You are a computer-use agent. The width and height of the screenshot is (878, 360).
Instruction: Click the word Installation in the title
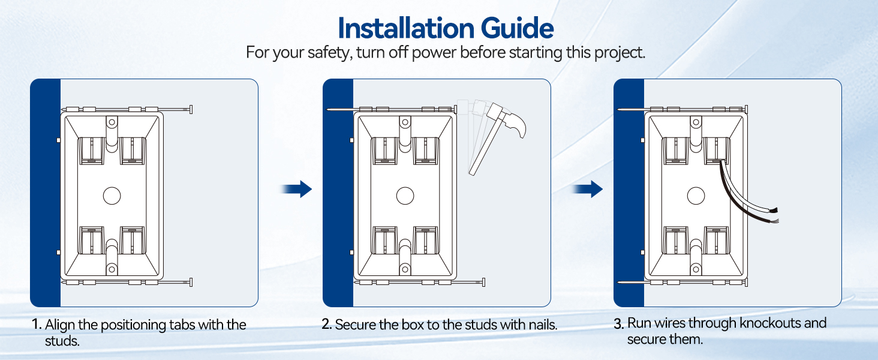pyautogui.click(x=406, y=28)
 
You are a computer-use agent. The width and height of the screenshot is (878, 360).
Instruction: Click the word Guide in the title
pyautogui.click(x=518, y=28)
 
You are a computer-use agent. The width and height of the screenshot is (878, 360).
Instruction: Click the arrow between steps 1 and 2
pyautogui.click(x=296, y=189)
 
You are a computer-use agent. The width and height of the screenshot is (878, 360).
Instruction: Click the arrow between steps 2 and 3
pyautogui.click(x=587, y=189)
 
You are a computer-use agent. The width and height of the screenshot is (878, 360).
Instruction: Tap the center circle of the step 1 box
pyautogui.click(x=112, y=196)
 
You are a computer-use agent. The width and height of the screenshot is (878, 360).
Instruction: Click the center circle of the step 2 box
pyautogui.click(x=405, y=196)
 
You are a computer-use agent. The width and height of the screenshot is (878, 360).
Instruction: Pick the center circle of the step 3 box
pyautogui.click(x=696, y=196)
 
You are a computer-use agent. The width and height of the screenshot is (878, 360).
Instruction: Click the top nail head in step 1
pyautogui.click(x=191, y=109)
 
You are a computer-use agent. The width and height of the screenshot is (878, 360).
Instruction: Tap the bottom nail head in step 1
pyautogui.click(x=191, y=282)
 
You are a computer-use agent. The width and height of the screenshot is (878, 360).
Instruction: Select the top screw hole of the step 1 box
pyautogui.click(x=112, y=122)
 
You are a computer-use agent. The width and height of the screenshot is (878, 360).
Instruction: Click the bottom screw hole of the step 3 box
pyautogui.click(x=696, y=269)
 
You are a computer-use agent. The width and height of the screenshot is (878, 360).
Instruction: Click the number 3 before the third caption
pyautogui.click(x=618, y=324)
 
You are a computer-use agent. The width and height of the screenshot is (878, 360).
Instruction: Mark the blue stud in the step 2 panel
pyautogui.click(x=338, y=193)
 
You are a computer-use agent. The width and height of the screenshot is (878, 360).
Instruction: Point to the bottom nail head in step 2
pyautogui.click(x=484, y=282)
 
